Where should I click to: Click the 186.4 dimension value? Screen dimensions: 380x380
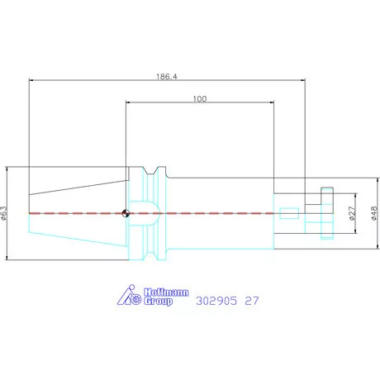coord(167,76)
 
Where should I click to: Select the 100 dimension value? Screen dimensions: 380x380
coord(200,99)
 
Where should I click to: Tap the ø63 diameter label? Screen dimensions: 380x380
coord(3,213)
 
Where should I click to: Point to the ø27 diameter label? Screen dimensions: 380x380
coord(352,213)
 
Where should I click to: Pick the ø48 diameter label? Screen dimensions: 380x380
coord(374,213)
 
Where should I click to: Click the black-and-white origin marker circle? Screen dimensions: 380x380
coord(126,213)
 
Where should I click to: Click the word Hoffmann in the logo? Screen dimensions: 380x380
coord(166,292)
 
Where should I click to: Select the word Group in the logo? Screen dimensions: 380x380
coord(158,302)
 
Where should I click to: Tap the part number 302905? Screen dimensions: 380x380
coord(216,301)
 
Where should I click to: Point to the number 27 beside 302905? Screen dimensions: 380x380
coord(252,301)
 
